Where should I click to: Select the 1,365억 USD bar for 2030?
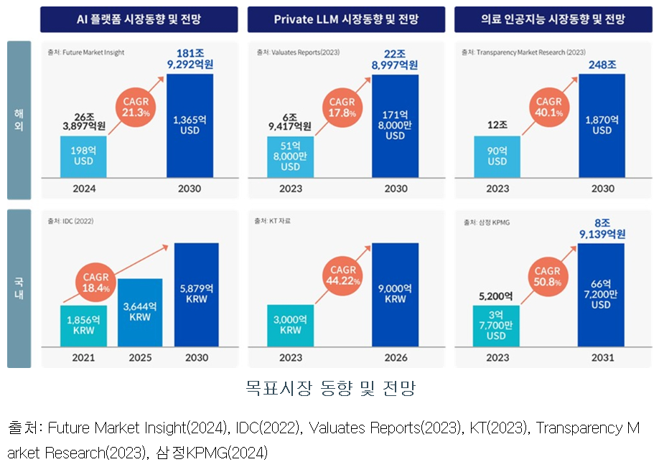click(190, 126)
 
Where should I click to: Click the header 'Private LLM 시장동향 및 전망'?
click(346, 19)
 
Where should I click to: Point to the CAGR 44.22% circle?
click(343, 275)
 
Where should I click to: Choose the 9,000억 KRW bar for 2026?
click(396, 294)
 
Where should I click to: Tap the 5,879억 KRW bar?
click(196, 294)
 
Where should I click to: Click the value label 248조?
click(602, 65)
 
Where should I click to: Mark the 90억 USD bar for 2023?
click(497, 156)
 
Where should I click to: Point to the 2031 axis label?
click(602, 357)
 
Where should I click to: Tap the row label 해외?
click(19, 120)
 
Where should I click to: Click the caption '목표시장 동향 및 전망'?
click(330, 390)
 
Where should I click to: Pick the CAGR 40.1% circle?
click(549, 107)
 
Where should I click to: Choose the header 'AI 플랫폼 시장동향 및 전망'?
click(139, 19)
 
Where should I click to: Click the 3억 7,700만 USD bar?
click(497, 325)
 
